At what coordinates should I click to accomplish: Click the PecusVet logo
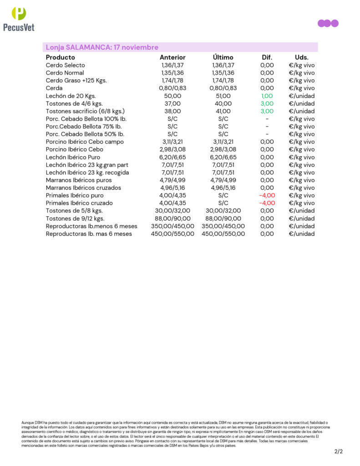(x=19, y=19)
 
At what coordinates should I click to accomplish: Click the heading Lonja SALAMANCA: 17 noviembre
(x=102, y=47)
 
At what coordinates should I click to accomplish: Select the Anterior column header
(x=172, y=58)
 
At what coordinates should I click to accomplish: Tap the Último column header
(x=223, y=58)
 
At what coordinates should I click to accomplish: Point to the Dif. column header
(x=267, y=58)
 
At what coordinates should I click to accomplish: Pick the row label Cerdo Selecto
(x=65, y=66)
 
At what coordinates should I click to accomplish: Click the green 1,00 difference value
(x=267, y=96)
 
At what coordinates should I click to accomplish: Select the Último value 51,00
(x=223, y=96)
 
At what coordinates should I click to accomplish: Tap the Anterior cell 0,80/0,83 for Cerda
(x=172, y=88)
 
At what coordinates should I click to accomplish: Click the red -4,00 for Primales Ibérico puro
(x=267, y=195)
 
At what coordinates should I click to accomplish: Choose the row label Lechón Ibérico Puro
(x=73, y=157)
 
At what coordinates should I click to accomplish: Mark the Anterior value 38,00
(x=172, y=111)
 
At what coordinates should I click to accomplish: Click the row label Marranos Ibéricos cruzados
(x=83, y=187)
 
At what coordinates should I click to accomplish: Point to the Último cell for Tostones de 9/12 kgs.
(x=223, y=218)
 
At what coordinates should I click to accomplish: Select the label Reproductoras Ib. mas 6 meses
(x=89, y=234)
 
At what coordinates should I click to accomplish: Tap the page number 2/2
(x=338, y=452)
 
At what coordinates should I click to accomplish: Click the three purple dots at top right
(x=328, y=24)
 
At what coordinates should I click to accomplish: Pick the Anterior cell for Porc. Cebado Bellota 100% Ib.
(x=172, y=119)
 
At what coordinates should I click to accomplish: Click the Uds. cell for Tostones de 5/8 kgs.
(x=301, y=211)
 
